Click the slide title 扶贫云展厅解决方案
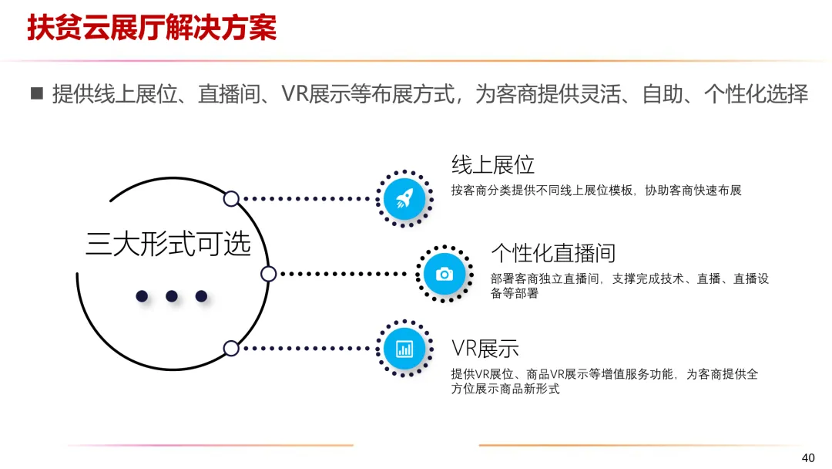(152, 28)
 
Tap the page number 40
(808, 457)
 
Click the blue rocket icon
(404, 199)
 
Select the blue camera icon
(444, 273)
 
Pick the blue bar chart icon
(404, 349)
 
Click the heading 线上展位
(492, 164)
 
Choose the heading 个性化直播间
(553, 253)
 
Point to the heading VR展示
(485, 348)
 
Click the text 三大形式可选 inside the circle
(168, 244)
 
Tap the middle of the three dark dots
(172, 295)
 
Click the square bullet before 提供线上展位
(35, 94)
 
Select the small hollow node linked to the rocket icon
(231, 199)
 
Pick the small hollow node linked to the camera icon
(268, 273)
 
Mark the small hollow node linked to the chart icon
(231, 349)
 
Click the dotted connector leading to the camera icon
(343, 273)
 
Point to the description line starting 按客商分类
(595, 191)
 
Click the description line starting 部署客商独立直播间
(629, 279)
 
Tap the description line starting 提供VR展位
(604, 374)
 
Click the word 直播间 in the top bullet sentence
(230, 94)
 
